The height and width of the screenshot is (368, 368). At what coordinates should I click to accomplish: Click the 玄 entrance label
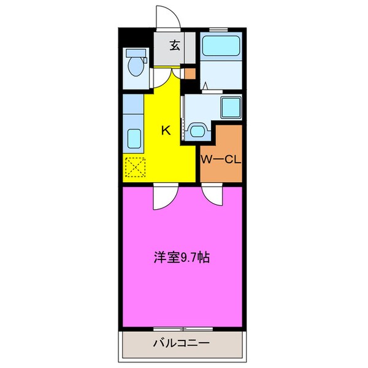pyautogui.click(x=175, y=45)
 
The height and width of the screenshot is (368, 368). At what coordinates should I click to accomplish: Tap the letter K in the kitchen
pyautogui.click(x=165, y=129)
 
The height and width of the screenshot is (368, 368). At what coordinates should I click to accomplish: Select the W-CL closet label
pyautogui.click(x=221, y=160)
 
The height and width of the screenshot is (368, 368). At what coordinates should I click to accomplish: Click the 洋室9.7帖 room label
pyautogui.click(x=182, y=258)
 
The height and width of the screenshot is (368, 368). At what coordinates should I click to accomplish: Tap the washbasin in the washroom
pyautogui.click(x=197, y=130)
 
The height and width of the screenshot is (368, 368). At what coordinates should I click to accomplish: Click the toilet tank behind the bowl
pyautogui.click(x=136, y=53)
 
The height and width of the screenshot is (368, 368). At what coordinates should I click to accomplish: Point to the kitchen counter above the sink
pyautogui.click(x=132, y=104)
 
